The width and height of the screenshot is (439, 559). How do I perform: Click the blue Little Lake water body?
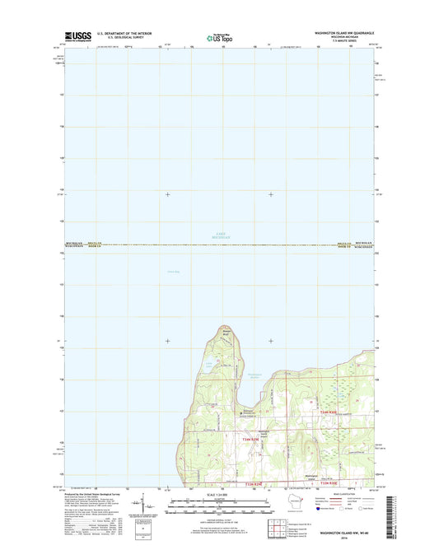[x=208, y=365]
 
